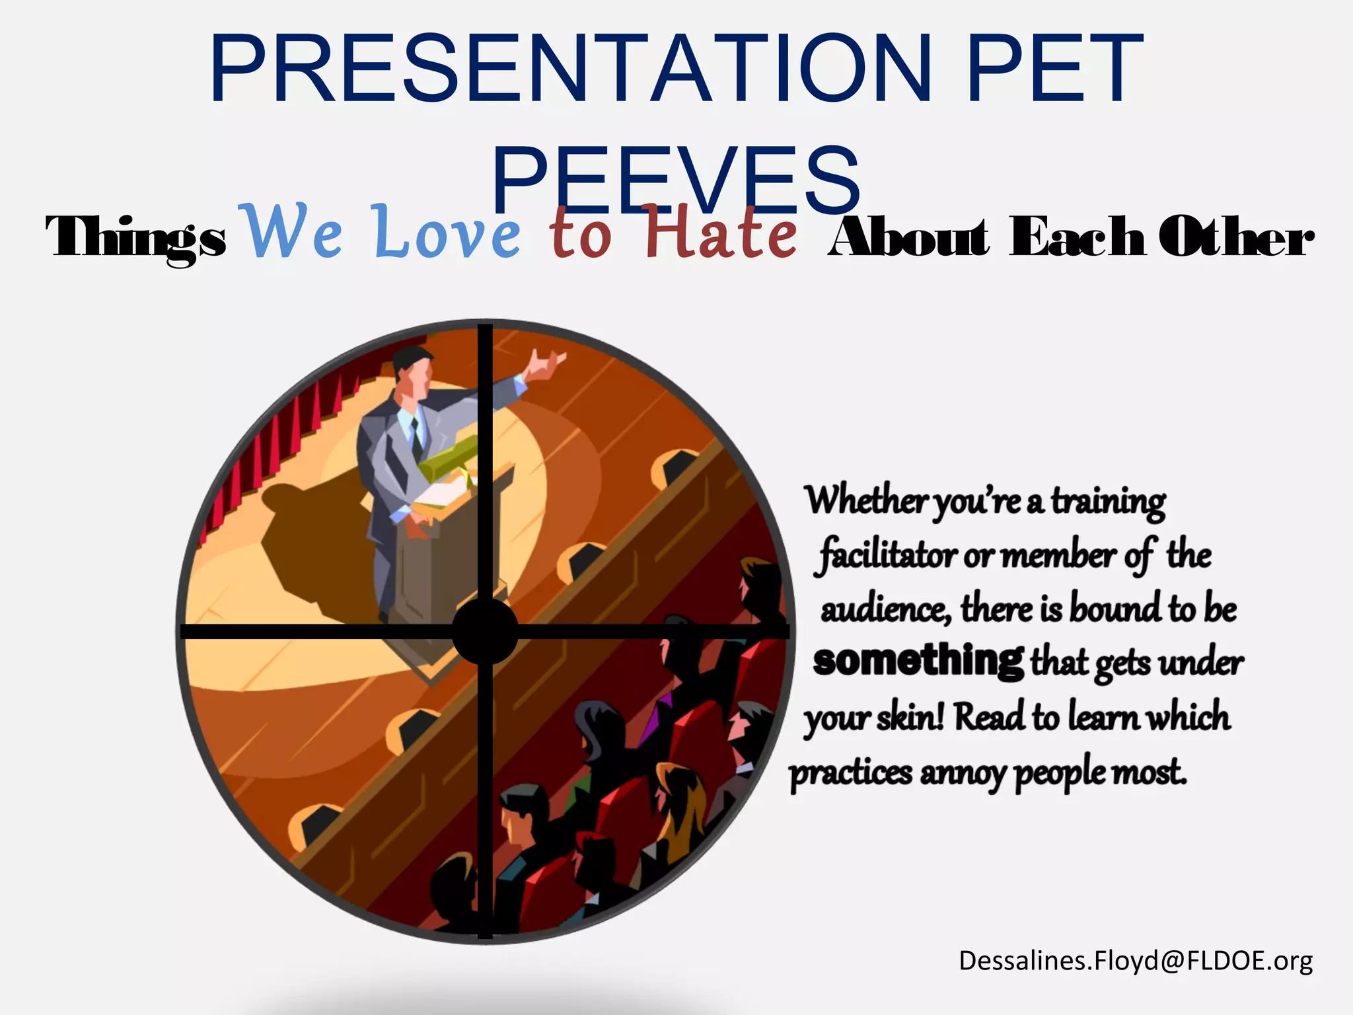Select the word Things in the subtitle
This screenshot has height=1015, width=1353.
136,238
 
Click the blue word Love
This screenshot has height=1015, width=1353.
447,233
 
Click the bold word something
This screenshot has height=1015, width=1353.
918,660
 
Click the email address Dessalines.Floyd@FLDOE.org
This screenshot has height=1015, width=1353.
1136,961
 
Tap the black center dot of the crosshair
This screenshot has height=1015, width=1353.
486,631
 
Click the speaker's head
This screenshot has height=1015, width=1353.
411,370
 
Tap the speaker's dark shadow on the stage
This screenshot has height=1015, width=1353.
311,542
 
